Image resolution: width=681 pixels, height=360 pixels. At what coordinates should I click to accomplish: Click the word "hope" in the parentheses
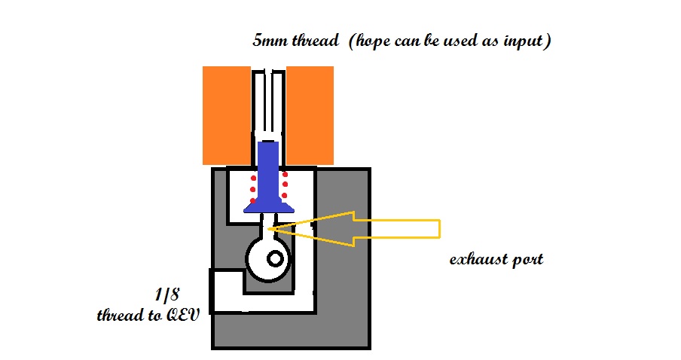368,41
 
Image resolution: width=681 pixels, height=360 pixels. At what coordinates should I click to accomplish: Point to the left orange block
226,114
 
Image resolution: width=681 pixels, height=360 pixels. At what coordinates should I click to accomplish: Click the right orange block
310,114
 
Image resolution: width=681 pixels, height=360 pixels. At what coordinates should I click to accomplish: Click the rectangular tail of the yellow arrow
399,227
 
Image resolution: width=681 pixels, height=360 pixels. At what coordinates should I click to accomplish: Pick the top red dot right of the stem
285,174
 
